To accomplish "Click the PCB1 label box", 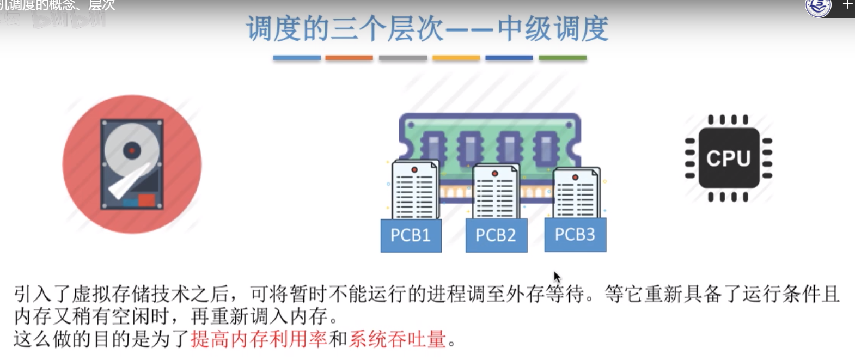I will pos(411,235).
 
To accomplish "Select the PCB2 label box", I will pos(496,235).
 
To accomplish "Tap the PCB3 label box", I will pos(575,235).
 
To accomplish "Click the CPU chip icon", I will pos(729,158).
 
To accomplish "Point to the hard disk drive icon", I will pos(132,164).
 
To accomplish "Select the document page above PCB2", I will pos(496,192).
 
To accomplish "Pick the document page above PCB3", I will pos(576,193).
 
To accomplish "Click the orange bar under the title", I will pos(349,58).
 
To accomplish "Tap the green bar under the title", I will pos(563,58).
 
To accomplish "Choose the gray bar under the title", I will pos(403,58).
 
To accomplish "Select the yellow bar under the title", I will pos(456,58).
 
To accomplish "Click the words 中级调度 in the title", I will pos(553,28).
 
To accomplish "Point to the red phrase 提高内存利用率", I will pos(259,339).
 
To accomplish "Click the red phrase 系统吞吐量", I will pos(398,339).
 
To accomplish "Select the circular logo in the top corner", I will pos(818,7).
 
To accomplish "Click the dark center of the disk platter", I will pos(132,150).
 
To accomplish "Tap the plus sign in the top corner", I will pos(847,5).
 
